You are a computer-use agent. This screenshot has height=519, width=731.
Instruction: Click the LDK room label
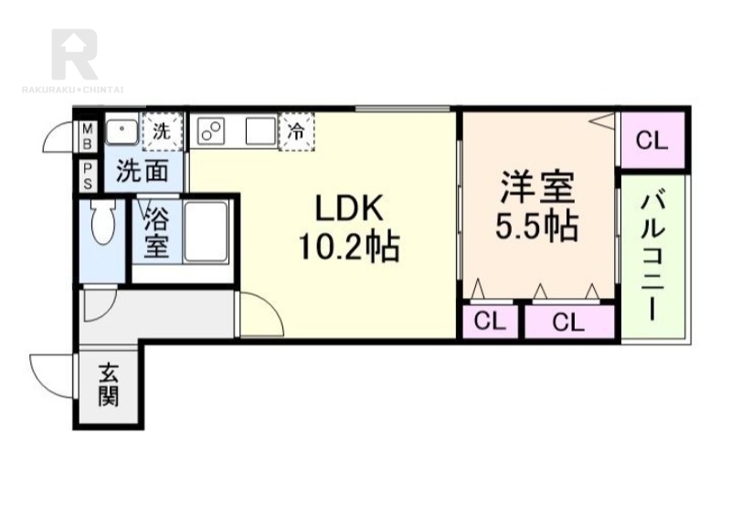(349, 207)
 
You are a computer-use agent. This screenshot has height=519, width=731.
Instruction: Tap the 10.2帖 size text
(349, 246)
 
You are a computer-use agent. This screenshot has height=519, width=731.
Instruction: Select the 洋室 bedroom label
(537, 187)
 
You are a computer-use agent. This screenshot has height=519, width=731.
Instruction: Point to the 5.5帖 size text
(537, 226)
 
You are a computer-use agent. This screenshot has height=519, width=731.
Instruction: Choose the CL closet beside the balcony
(652, 140)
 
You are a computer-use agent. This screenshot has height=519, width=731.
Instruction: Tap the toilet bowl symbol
(102, 222)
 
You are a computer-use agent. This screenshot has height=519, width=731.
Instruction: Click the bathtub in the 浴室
(207, 231)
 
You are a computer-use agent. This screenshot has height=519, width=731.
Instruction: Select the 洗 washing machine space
(162, 132)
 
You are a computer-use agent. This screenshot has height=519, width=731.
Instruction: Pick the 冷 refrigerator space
(296, 132)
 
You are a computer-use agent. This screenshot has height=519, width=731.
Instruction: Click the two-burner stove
(211, 131)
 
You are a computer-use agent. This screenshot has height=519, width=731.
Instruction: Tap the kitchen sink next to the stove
(260, 131)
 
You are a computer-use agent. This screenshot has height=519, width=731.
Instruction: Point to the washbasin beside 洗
(122, 131)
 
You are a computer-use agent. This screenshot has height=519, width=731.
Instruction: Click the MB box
(87, 137)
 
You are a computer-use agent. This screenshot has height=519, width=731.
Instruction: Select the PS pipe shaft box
(87, 175)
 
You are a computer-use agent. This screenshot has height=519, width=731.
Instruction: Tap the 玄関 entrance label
(109, 385)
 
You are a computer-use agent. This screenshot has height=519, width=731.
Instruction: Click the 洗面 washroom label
(143, 171)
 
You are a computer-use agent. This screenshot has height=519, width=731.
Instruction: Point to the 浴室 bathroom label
(156, 232)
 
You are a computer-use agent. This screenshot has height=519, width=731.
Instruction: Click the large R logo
(75, 54)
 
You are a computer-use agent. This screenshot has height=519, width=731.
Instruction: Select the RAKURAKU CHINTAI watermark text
(73, 89)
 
